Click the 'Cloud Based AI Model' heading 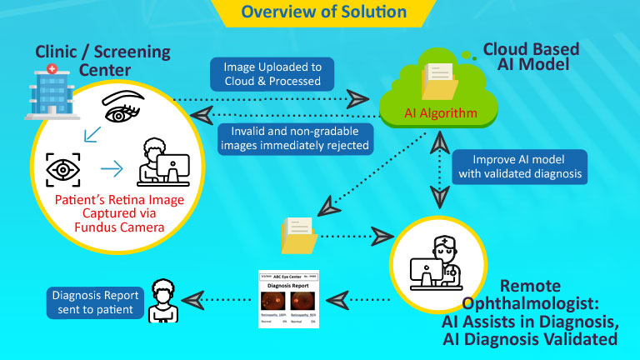[x=527, y=56]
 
